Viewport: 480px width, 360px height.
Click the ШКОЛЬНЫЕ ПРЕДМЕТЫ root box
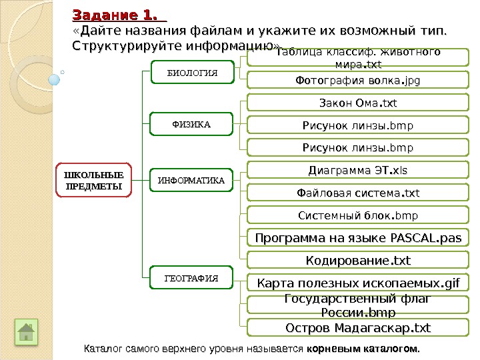[93, 180]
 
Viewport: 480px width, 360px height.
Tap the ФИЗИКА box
[191, 124]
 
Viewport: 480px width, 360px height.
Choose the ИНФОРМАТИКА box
[191, 180]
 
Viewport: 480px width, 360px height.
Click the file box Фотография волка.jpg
[358, 81]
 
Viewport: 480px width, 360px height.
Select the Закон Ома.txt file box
[358, 103]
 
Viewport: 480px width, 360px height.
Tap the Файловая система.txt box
[358, 193]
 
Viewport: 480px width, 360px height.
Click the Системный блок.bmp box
[358, 215]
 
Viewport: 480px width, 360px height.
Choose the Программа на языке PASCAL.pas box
[358, 238]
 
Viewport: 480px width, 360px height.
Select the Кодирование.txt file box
[358, 259]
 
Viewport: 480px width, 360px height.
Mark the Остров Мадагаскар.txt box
[358, 328]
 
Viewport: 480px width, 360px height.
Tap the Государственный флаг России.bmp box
[358, 305]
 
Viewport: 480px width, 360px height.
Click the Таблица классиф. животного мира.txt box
[358, 59]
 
